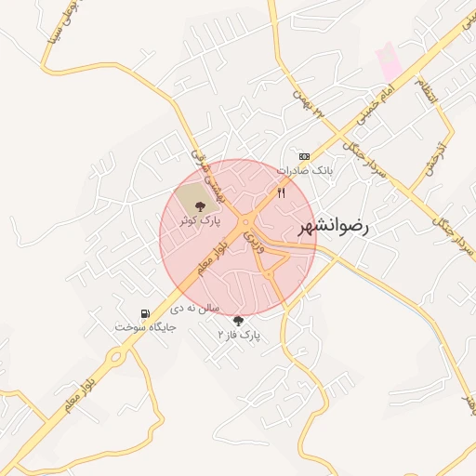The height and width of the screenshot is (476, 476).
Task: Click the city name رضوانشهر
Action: coord(335,226)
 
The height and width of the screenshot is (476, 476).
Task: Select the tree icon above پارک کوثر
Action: coord(201,192)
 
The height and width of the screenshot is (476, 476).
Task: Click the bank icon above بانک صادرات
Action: coord(304,156)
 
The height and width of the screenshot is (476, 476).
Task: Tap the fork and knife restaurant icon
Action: coord(281,192)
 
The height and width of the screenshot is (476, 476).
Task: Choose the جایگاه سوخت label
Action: coord(139,327)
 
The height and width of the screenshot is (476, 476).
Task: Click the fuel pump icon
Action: coord(144,313)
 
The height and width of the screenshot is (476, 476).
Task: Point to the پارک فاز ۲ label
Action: coord(239,333)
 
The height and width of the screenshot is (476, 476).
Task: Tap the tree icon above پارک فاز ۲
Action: coord(239,320)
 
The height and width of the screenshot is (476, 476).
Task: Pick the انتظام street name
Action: coord(424,91)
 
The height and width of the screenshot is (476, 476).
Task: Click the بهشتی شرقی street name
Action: coord(198,164)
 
